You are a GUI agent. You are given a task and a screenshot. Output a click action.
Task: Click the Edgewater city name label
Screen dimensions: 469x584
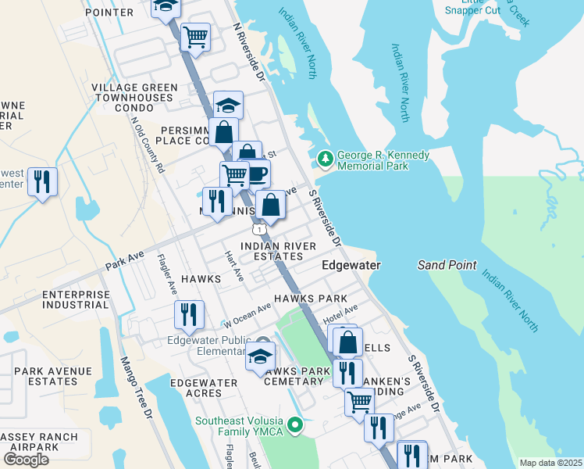(351, 266)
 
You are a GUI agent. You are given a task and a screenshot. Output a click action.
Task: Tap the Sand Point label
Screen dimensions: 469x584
(447, 265)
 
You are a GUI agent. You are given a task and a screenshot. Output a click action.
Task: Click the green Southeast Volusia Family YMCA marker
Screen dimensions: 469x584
(295, 426)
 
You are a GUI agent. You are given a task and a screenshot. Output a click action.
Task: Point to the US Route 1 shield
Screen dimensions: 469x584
(258, 228)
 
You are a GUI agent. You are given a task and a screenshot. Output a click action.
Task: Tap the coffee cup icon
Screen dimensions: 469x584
(257, 173)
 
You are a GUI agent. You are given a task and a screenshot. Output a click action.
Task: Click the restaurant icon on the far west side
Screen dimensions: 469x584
(42, 181)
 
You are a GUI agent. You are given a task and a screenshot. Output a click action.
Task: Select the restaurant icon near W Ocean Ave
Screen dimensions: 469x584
(189, 314)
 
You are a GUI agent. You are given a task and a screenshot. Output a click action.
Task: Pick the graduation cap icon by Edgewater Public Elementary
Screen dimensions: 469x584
(260, 356)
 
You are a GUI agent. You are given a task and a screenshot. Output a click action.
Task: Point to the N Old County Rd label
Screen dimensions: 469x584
(148, 145)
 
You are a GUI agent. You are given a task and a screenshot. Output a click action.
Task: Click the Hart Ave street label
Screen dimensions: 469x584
(234, 267)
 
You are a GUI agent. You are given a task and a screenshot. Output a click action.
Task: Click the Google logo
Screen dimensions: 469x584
(26, 459)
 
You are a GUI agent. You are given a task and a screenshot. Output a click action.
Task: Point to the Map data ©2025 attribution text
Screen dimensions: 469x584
(550, 463)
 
